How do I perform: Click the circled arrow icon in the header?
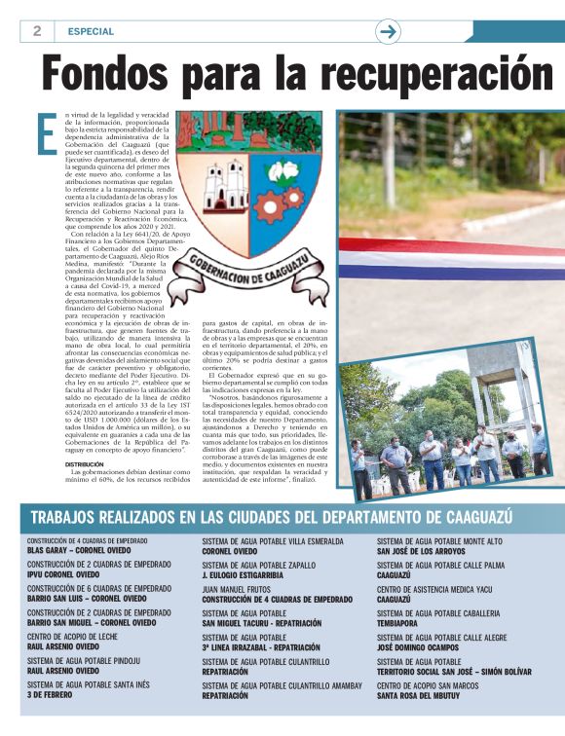click(x=389, y=31)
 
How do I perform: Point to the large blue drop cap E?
click(x=45, y=134)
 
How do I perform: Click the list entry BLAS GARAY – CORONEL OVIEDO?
click(x=79, y=550)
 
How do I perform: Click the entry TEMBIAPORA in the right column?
click(x=405, y=623)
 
